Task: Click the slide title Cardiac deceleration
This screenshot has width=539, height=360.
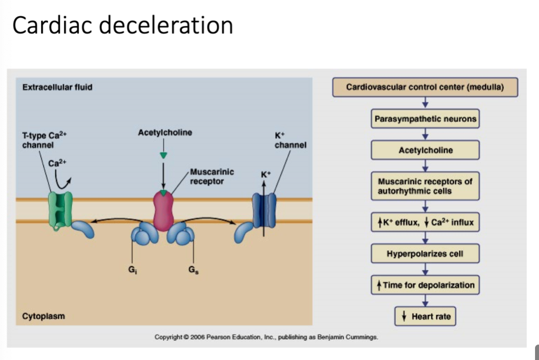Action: pyautogui.click(x=122, y=25)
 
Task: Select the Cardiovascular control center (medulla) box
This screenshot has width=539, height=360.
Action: pyautogui.click(x=425, y=87)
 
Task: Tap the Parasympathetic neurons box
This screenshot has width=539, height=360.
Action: pyautogui.click(x=425, y=119)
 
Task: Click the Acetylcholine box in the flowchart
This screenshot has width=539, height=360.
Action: pyautogui.click(x=425, y=150)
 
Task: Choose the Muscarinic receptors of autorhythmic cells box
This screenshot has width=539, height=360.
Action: pyautogui.click(x=425, y=186)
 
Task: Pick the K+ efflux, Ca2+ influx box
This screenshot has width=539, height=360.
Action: pyautogui.click(x=425, y=222)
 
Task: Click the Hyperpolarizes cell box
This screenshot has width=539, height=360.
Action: pyautogui.click(x=425, y=253)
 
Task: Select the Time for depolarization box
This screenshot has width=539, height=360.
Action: pyautogui.click(x=425, y=285)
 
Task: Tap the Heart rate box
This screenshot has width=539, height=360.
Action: pyautogui.click(x=425, y=316)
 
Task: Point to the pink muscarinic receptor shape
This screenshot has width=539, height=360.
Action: pyautogui.click(x=163, y=210)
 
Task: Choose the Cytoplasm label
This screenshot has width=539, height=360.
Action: pyautogui.click(x=44, y=316)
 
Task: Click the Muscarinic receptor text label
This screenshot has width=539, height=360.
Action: pyautogui.click(x=212, y=177)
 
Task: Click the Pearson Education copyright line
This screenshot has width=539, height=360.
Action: pyautogui.click(x=267, y=337)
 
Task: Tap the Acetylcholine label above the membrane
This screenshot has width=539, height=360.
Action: pyautogui.click(x=165, y=132)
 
